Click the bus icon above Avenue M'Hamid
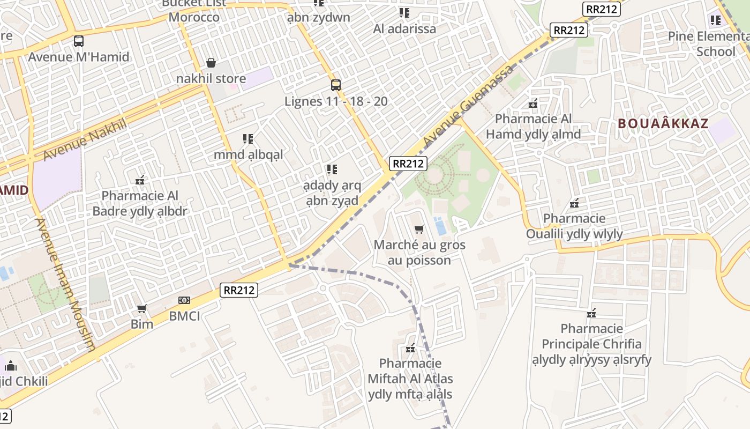(x=79, y=41)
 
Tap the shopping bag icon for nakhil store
(x=211, y=63)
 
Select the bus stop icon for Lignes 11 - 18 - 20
(x=336, y=85)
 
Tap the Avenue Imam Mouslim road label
(x=65, y=284)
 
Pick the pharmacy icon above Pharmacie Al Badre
(x=140, y=180)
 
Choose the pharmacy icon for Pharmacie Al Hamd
(x=533, y=103)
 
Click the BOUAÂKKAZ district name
(x=663, y=123)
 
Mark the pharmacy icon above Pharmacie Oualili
(x=574, y=203)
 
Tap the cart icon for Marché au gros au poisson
(x=419, y=230)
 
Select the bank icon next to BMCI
(x=184, y=300)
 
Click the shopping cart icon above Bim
(x=142, y=308)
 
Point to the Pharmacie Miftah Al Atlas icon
(x=410, y=349)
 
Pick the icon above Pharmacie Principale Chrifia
(x=591, y=313)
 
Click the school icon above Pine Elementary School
(x=716, y=20)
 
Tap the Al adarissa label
(x=404, y=29)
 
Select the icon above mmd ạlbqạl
(x=248, y=139)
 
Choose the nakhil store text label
(x=211, y=79)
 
